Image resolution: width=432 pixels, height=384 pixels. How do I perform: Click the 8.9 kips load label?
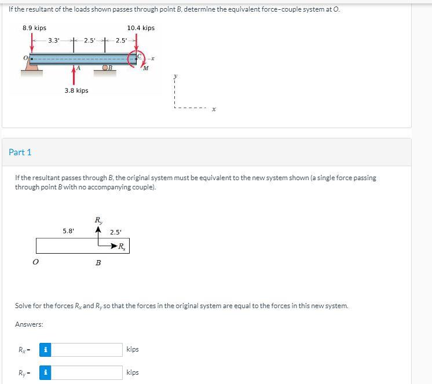click(x=34, y=28)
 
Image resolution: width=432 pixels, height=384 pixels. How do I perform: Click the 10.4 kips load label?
click(x=141, y=28)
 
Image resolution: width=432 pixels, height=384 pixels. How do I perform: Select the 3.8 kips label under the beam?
click(x=76, y=90)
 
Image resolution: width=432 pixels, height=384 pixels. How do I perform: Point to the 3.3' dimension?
click(x=54, y=41)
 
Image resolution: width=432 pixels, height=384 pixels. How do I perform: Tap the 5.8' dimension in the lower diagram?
click(x=68, y=231)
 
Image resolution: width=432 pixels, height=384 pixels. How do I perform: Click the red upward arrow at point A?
click(x=74, y=75)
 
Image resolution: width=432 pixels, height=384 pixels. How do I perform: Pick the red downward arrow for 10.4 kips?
click(x=137, y=43)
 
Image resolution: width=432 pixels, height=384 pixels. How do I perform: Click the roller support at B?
click(x=106, y=69)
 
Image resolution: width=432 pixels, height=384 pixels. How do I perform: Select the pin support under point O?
click(x=32, y=69)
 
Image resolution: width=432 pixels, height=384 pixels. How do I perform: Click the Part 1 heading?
click(x=20, y=152)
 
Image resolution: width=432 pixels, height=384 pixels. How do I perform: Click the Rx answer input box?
click(x=87, y=349)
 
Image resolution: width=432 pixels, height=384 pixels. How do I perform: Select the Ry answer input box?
click(x=87, y=372)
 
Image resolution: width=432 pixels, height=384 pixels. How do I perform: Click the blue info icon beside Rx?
click(x=46, y=349)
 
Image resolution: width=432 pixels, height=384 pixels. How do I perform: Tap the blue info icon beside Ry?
click(x=46, y=372)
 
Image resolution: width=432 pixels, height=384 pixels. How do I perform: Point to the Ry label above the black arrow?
click(x=99, y=220)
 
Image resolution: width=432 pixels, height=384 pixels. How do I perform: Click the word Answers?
click(x=29, y=324)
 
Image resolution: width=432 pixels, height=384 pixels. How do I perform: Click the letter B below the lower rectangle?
click(x=98, y=263)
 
